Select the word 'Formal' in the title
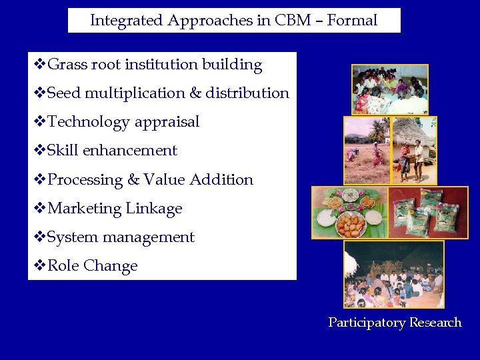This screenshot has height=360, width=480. (353, 21)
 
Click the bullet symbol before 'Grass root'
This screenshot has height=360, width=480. (39, 65)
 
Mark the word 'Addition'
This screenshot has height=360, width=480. (221, 180)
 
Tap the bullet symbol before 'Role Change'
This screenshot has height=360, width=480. (39, 266)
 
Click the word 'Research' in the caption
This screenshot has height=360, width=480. (435, 323)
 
